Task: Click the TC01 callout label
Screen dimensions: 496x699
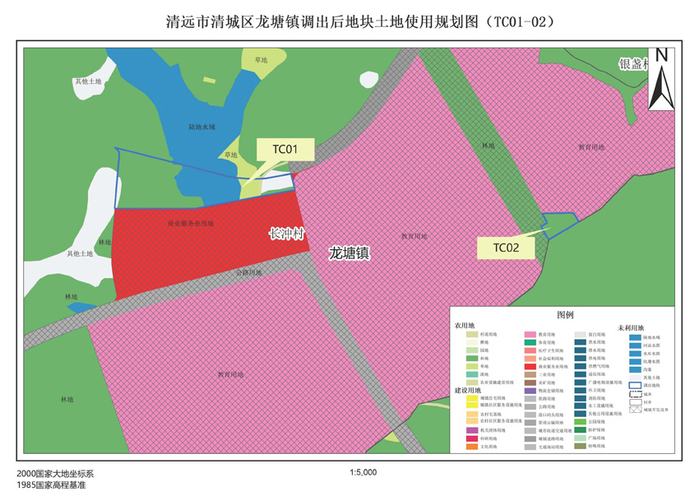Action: pyautogui.click(x=285, y=149)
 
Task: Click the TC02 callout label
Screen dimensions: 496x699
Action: pyautogui.click(x=506, y=247)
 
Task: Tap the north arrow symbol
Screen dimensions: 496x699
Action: pyautogui.click(x=661, y=80)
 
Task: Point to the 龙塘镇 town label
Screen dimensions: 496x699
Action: pyautogui.click(x=349, y=253)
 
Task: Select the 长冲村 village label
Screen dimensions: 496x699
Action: pyautogui.click(x=287, y=234)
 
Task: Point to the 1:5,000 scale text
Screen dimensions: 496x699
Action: pyautogui.click(x=363, y=473)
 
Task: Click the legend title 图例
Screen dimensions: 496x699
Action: pyautogui.click(x=565, y=315)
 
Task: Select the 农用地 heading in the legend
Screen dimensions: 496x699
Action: pyautogui.click(x=465, y=326)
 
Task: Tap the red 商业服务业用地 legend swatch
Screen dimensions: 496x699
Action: pyautogui.click(x=530, y=367)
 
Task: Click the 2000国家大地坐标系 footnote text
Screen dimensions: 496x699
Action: pyautogui.click(x=55, y=474)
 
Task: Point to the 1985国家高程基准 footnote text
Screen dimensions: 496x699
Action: pyautogui.click(x=51, y=485)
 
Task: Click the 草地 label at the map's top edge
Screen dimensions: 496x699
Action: pyautogui.click(x=262, y=61)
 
